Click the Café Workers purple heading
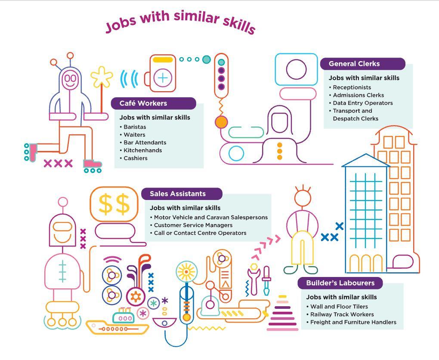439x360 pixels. pos(153,104)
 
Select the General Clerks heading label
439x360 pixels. pos(362,64)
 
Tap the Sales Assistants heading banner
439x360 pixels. pos(182,194)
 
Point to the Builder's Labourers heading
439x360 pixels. pos(340,283)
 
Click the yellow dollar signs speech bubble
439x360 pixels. pos(114,204)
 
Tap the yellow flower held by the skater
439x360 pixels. pos(102,77)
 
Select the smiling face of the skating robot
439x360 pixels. pos(69,79)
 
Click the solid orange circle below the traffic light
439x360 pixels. pos(221,122)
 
